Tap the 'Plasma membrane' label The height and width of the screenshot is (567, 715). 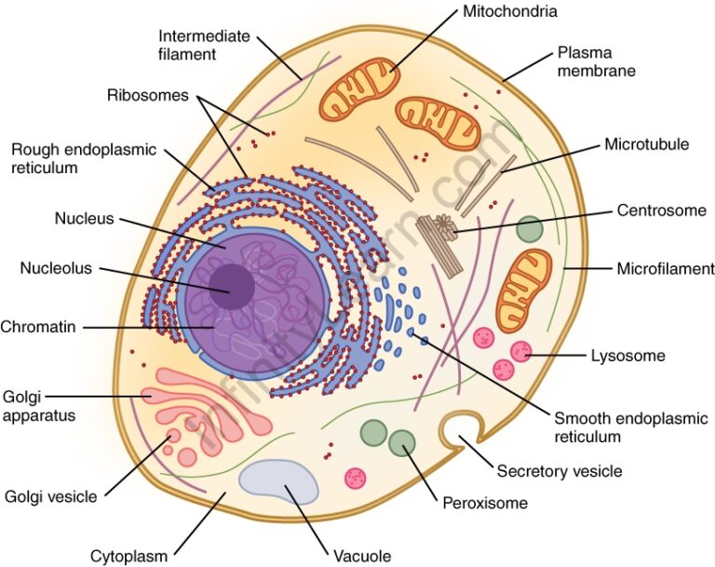coord(596,61)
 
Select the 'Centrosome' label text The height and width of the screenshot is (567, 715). coord(661,210)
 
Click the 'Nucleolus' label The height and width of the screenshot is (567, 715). coord(56,269)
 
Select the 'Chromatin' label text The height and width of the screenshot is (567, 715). coord(38,327)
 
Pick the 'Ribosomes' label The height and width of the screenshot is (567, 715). coord(147,95)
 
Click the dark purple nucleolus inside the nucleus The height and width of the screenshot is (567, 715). coord(230,286)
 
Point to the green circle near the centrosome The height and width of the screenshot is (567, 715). coord(530,229)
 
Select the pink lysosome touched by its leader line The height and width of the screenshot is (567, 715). coord(520,352)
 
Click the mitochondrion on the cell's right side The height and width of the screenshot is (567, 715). coord(523,290)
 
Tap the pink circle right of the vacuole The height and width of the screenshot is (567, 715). coord(356,478)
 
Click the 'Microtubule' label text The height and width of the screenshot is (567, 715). coord(646,144)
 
